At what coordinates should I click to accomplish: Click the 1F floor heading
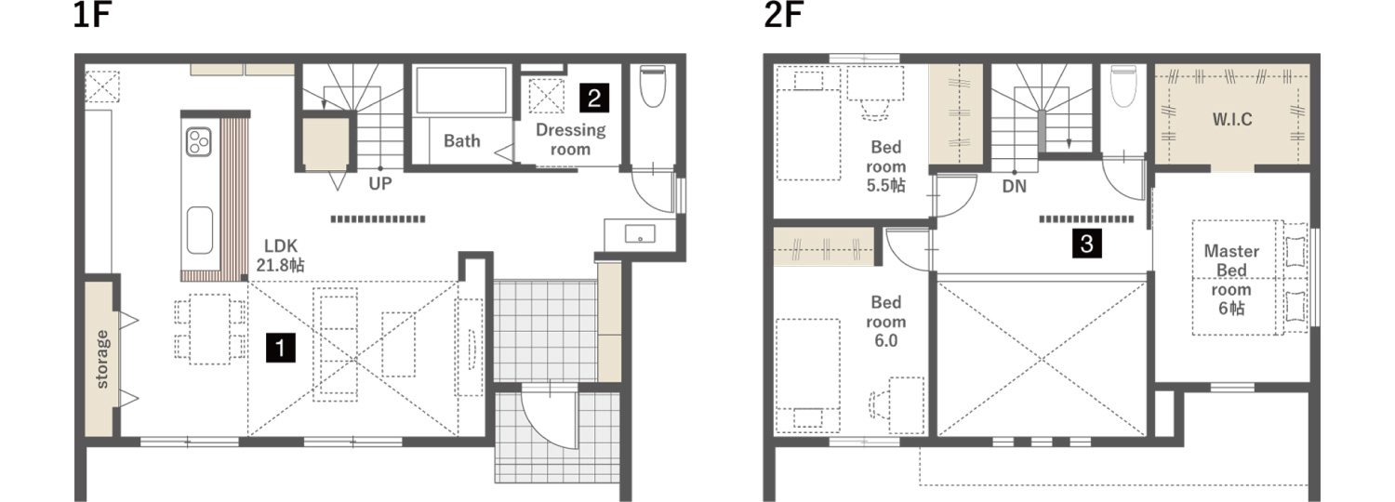91,15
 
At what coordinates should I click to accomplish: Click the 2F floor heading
783,15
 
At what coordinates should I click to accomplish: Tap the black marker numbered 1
281,348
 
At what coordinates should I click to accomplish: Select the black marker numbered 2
594,98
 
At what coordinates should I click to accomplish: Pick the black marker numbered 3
1087,243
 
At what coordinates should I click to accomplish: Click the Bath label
461,141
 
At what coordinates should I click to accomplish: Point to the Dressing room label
570,139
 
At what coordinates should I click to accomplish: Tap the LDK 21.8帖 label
280,256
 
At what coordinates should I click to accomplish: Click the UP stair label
379,184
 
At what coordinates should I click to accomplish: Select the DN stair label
1015,186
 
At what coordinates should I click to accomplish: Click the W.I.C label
1232,119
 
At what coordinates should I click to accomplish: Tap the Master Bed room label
1231,280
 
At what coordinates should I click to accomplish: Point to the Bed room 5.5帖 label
885,166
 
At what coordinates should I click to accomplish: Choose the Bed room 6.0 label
885,322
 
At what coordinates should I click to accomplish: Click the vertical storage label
102,360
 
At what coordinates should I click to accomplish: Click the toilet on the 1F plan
653,86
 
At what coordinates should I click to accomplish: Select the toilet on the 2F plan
1123,86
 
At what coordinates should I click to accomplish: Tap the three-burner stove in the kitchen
199,141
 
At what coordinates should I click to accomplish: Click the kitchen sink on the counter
199,230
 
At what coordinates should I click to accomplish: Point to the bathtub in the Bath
461,90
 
